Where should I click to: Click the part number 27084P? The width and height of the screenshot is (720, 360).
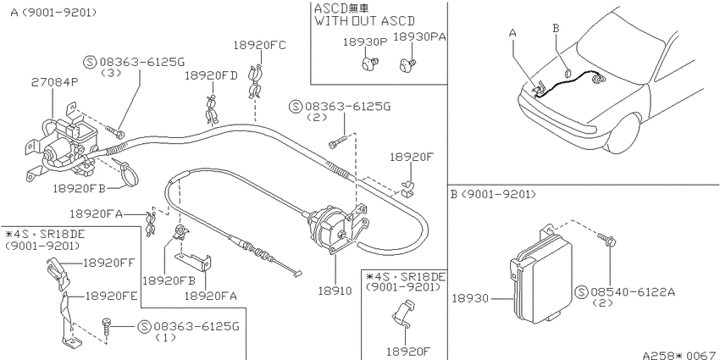coord(55,83)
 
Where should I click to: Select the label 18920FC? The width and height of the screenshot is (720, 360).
coord(259,45)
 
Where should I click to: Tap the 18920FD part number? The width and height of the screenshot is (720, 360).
coord(211,75)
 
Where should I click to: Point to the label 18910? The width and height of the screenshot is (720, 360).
coord(335,291)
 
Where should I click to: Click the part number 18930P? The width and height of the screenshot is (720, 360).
coord(366,42)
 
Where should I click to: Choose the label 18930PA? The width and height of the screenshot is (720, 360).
coord(420,37)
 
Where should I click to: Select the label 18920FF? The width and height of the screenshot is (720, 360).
coord(109,263)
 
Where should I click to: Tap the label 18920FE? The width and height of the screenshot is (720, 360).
coord(111,296)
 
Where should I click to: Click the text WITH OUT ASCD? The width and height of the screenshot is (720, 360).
coord(364,20)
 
